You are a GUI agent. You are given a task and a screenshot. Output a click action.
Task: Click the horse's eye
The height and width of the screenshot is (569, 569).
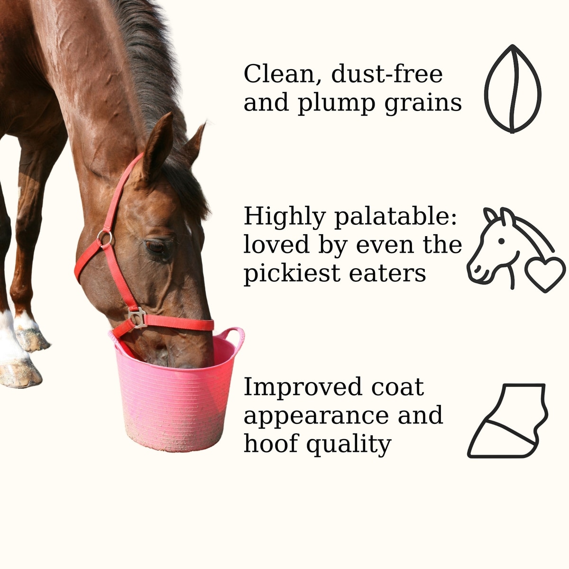(156, 247)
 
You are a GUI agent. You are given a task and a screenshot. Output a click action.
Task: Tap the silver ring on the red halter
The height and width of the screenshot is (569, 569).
(104, 238)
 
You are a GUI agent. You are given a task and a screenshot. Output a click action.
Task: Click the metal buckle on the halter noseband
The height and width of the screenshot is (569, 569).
(138, 317)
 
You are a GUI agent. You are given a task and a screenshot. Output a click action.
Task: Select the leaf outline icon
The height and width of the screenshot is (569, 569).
(513, 89)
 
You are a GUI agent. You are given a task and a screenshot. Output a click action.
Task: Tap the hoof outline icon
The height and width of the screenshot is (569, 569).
(507, 421)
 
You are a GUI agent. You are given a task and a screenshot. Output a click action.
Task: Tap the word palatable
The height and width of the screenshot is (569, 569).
(395, 217)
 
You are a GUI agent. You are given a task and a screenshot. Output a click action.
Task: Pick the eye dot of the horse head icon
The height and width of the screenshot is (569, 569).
(501, 241)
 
